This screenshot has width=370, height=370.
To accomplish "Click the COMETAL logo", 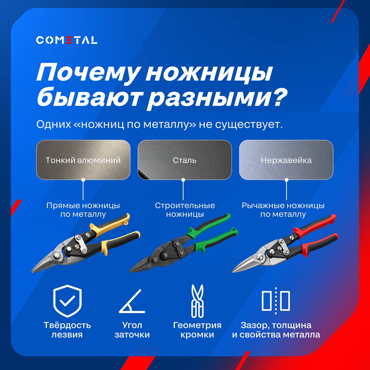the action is pyautogui.click(x=66, y=40).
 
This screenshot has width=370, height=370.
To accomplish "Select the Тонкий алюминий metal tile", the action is pyautogui.click(x=83, y=160).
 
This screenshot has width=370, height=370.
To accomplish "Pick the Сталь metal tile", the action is pyautogui.click(x=185, y=160).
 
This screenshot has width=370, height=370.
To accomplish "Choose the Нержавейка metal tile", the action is pyautogui.click(x=286, y=160).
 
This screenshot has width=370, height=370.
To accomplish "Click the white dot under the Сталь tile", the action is pyautogui.click(x=183, y=180).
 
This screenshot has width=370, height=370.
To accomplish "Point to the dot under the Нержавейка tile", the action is pyautogui.click(x=286, y=180).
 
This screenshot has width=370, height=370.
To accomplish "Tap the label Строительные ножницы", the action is pyautogui.click(x=185, y=210).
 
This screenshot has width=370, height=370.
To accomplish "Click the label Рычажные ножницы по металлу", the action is pyautogui.click(x=283, y=210).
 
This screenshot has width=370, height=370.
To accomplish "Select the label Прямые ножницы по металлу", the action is pyautogui.click(x=83, y=210).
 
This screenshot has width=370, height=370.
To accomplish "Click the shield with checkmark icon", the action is pyautogui.click(x=67, y=301).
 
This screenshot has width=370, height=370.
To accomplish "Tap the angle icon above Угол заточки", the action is pyautogui.click(x=132, y=301).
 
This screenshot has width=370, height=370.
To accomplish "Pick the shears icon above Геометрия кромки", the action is pyautogui.click(x=197, y=301).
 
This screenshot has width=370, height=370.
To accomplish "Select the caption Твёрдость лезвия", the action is pyautogui.click(x=67, y=330).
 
